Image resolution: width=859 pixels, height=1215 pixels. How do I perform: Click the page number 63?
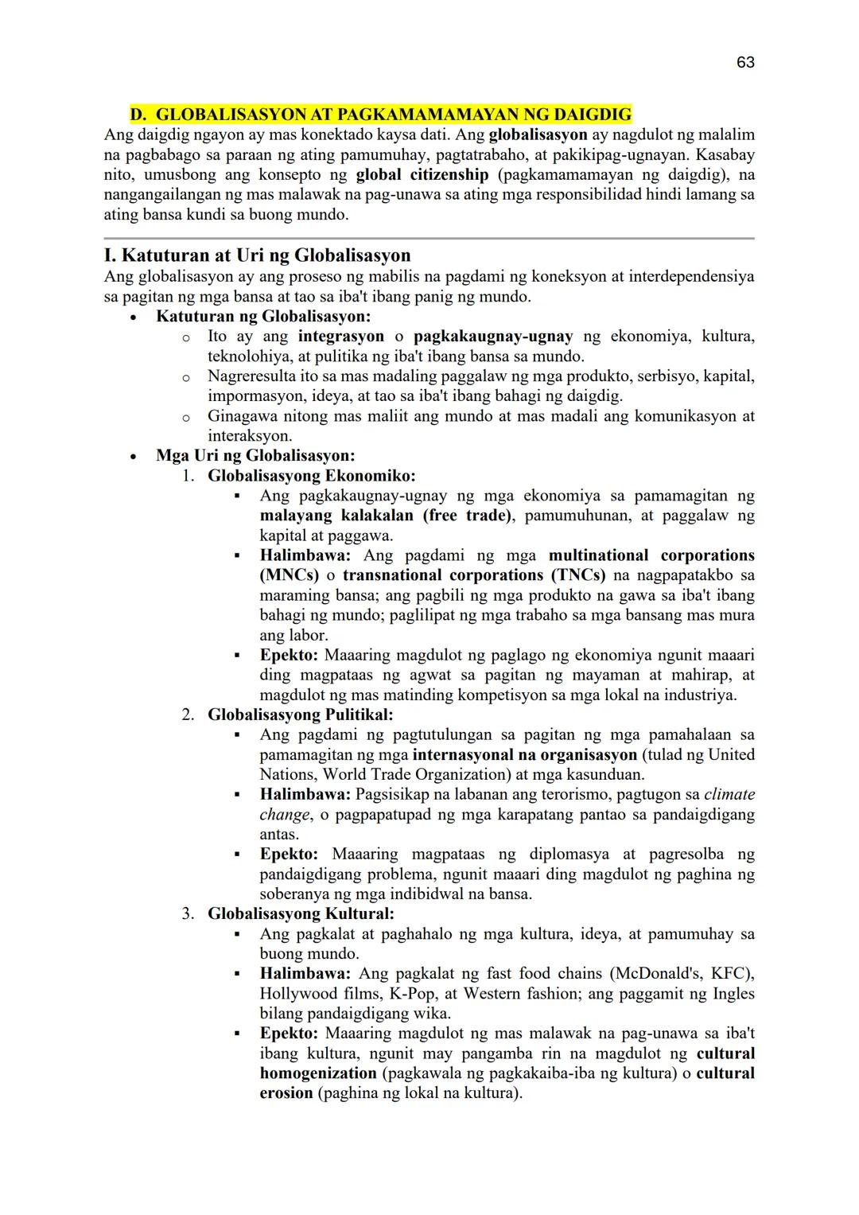click(x=745, y=62)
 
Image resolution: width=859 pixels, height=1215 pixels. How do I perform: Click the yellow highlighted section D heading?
click(x=381, y=115)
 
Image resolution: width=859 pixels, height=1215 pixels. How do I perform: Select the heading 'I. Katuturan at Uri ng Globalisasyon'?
click(x=258, y=255)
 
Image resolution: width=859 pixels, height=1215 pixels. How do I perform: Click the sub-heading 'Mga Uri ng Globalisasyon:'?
click(x=255, y=456)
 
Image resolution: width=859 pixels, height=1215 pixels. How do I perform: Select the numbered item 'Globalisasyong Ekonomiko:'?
click(x=311, y=476)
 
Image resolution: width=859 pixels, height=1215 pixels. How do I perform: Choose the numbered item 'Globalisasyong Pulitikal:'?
click(x=301, y=715)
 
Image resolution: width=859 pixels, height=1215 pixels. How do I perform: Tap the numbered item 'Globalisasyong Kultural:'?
click(x=301, y=913)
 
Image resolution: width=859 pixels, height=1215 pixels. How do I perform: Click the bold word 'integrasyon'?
click(x=340, y=337)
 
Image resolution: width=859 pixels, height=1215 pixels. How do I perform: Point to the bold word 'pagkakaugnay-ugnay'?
click(x=492, y=337)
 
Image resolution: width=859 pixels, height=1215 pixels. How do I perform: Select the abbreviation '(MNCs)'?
click(x=289, y=575)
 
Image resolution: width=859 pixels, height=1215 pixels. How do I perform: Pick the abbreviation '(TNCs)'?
click(x=574, y=575)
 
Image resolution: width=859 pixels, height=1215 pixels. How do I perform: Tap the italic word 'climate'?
click(x=729, y=794)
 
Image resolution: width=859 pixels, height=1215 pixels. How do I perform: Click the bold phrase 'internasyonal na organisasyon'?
click(x=525, y=754)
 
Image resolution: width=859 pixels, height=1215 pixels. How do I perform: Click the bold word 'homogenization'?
click(x=318, y=1073)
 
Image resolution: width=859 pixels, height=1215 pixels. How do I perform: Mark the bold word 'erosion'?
click(x=286, y=1093)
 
